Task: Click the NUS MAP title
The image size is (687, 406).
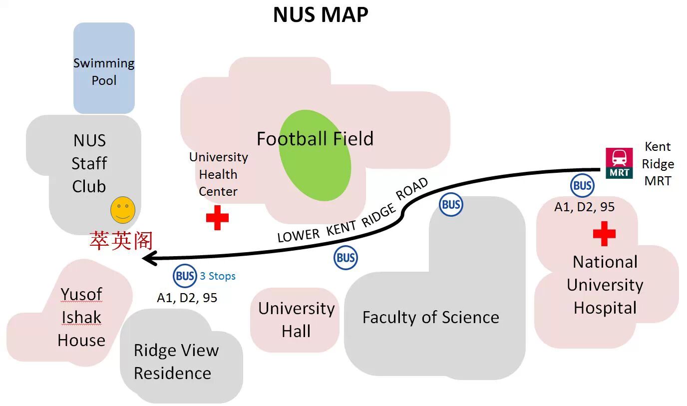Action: pos(321,14)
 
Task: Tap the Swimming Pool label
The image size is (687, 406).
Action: pos(104,71)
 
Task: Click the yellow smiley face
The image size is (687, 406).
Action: pos(122,210)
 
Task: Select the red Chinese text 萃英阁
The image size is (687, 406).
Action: pos(121,241)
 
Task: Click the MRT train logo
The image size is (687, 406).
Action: pos(619,163)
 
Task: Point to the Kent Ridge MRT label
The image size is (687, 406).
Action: pos(658,164)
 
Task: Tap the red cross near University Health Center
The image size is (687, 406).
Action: pos(217,218)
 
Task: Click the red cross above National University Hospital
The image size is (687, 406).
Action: pos(604,234)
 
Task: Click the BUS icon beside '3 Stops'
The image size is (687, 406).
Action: pos(185,276)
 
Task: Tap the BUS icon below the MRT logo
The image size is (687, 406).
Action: pos(582,186)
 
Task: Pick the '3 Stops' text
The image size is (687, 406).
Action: pos(218,276)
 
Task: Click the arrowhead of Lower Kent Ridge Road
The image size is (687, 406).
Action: pos(150,258)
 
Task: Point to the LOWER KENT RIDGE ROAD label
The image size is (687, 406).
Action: pos(352,211)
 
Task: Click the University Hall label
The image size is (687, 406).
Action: pos(296,320)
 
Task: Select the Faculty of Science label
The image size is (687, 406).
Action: pos(430,317)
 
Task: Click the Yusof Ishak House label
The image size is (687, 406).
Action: pos(81,317)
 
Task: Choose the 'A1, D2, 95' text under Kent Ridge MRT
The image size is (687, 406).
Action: pos(584,207)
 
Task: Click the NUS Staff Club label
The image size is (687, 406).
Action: pos(89,163)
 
